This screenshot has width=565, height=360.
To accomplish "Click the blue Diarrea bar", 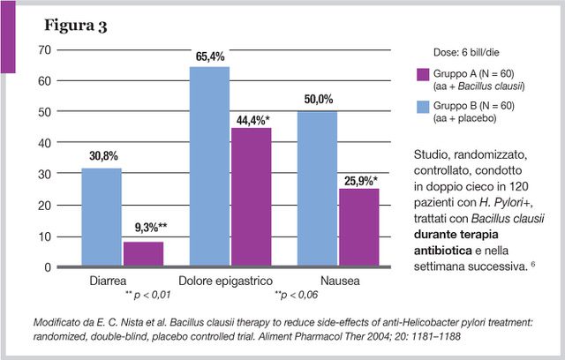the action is click(102, 217).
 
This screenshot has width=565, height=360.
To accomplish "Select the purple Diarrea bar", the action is click(143, 254).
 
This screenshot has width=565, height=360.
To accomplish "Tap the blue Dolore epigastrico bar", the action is click(209, 166).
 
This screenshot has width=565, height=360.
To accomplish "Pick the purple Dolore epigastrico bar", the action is click(251, 197).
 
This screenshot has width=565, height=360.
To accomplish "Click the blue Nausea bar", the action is click(317, 189).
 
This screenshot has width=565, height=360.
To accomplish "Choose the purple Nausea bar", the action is click(359, 227).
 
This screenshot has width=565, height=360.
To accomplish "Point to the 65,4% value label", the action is click(210, 56).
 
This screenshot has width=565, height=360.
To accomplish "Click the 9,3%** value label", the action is click(151, 228).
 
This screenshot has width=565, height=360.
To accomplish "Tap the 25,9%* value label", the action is click(361, 181).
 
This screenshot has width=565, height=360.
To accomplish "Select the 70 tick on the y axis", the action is click(45, 49).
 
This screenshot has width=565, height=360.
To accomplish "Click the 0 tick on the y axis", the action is click(48, 267).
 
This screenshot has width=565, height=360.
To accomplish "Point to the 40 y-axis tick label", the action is click(45, 143).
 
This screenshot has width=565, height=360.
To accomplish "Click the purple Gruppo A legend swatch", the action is click(423, 74).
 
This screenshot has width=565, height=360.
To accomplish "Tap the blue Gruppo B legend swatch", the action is click(423, 107).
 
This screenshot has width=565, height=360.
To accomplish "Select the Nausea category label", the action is click(340, 281).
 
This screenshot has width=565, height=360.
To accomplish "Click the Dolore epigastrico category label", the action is click(226, 281).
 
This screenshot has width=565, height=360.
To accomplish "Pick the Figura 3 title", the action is click(76, 26).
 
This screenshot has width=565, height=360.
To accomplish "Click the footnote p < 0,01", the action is click(147, 296).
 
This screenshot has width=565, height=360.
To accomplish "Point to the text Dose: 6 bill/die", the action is click(466, 53).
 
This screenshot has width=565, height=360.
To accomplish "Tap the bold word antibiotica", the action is click(443, 251).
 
